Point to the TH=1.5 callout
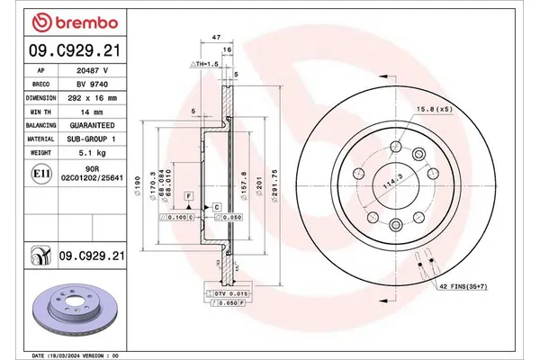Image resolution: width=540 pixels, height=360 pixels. pyautogui.click(x=205, y=66)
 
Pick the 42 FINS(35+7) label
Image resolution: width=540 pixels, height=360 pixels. pyautogui.click(x=463, y=286)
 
